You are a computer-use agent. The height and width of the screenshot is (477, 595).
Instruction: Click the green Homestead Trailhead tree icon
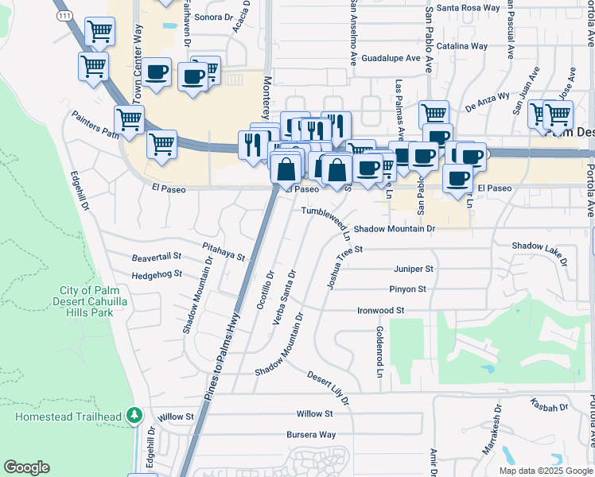click(x=135, y=416)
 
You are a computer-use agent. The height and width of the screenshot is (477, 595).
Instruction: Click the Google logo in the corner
click(x=26, y=467)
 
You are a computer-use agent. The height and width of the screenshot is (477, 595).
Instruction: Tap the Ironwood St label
click(x=381, y=310)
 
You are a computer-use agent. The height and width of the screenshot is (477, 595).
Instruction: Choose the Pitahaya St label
click(x=223, y=254)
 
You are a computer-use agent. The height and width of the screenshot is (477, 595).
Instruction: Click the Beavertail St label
click(x=157, y=258)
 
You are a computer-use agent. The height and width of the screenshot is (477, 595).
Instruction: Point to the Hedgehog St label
click(x=157, y=274)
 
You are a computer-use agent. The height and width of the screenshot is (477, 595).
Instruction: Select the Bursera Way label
click(x=311, y=435)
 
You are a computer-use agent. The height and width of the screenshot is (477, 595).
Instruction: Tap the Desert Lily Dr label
click(x=329, y=387)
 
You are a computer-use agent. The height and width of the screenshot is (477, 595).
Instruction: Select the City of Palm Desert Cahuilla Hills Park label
click(x=93, y=301)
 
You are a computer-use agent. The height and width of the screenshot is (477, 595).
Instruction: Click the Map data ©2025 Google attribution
click(x=546, y=471)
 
